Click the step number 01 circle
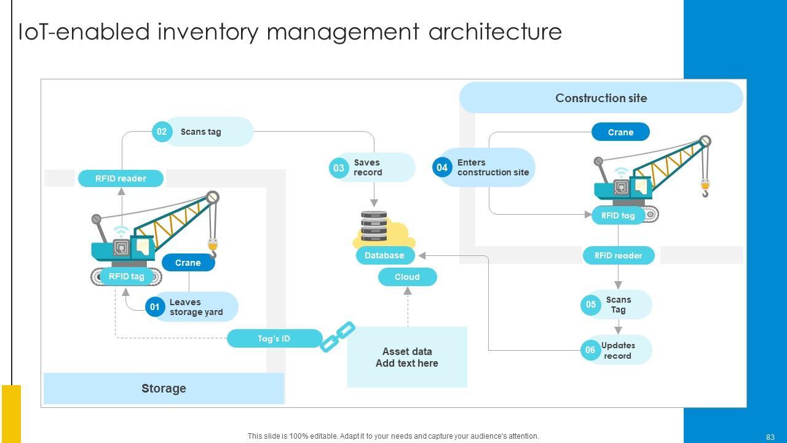point(155,307)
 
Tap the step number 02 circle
point(162,132)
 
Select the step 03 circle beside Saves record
point(339,168)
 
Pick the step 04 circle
point(442,167)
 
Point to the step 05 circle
point(591,305)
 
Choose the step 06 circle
point(590,350)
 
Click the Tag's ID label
point(274,338)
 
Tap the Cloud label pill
point(407,277)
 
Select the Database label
point(384,255)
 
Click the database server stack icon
point(374,226)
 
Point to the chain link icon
point(338,337)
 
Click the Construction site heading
point(601,98)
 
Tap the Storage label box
point(164,388)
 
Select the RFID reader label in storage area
point(121,178)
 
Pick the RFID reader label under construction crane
point(618,255)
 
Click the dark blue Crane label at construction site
point(620,132)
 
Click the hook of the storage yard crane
point(213,249)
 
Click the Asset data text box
point(407,357)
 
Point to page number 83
point(770,437)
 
